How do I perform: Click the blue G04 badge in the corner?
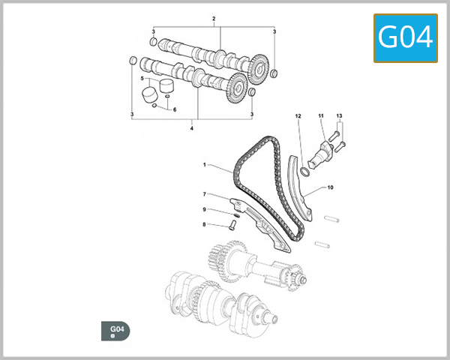pos(406,38)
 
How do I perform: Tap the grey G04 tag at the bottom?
pos(115,331)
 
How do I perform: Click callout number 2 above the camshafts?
pos(214,19)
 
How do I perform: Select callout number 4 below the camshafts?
pos(192,128)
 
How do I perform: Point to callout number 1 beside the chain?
pos(204,165)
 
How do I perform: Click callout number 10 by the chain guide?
pos(330,187)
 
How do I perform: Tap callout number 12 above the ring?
pos(298,116)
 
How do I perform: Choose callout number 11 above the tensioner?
pos(321,115)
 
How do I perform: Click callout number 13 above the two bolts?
pos(339,115)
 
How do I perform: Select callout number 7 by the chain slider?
pos(204,194)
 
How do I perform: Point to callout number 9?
pos(204,209)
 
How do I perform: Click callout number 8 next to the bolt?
pos(204,224)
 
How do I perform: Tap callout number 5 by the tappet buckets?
pos(142,78)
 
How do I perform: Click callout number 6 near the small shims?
pos(175,109)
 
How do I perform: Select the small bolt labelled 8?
pos(232,224)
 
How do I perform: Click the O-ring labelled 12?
pos(305,172)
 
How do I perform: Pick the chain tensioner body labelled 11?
pos(321,155)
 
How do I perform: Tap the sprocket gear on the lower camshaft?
pos(236,88)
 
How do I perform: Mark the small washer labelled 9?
pos(236,215)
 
